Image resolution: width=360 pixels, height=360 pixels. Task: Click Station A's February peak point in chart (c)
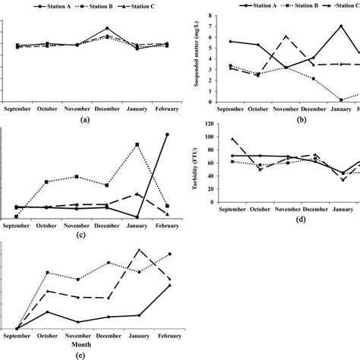167,134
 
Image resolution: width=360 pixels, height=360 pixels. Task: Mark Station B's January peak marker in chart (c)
137,144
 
